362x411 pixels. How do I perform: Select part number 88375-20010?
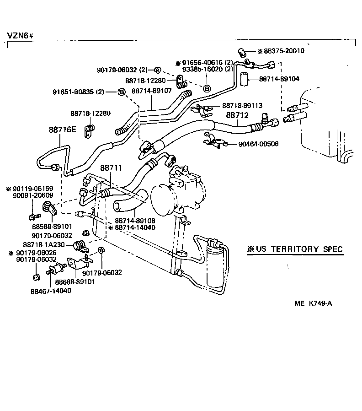pos(284,51)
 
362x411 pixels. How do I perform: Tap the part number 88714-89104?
pos(279,79)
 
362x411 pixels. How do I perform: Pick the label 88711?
pos(111,168)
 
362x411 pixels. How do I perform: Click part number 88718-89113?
pos(242,105)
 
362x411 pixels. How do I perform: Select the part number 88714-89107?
pos(151,91)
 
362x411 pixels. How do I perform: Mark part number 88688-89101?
pos(75,281)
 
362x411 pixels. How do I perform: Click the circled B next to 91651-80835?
pos(122,92)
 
